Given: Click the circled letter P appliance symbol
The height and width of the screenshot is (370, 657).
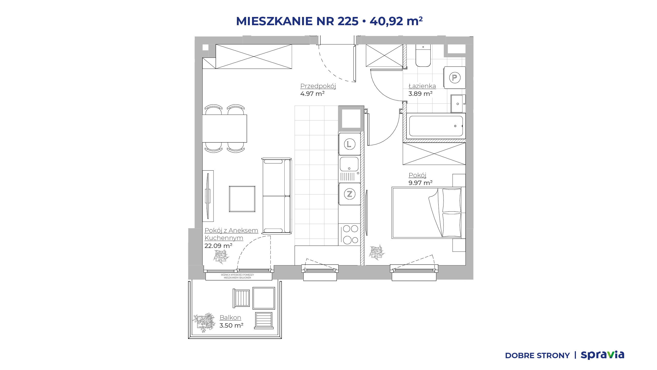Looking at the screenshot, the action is [455, 77].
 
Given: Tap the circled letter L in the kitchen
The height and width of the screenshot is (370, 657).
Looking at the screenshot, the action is [350, 144].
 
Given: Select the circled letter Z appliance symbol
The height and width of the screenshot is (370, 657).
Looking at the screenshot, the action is [350, 194].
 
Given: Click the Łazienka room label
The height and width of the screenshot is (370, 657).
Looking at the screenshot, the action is [422, 86].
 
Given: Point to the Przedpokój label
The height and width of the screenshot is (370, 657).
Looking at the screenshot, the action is [318, 86].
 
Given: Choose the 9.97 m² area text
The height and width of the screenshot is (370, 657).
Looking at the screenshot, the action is [420, 183].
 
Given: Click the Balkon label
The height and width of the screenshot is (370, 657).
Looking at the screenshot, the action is [230, 318].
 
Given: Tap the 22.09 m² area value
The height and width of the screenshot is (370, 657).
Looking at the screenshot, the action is [218, 246].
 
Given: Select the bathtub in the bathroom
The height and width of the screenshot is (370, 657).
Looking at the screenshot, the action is [436, 126].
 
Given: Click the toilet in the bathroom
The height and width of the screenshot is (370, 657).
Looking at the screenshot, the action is [423, 55].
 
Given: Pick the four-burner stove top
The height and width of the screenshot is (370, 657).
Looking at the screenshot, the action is [350, 234].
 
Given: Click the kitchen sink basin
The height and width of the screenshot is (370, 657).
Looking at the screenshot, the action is [349, 164].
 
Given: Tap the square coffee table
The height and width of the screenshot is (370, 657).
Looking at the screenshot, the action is [242, 199].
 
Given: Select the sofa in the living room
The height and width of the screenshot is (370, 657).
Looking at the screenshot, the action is [277, 196].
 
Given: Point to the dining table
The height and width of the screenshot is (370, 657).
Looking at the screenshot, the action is [225, 128].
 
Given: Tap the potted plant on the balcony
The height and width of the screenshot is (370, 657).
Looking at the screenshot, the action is [204, 322].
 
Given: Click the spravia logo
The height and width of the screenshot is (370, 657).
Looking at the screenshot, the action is [602, 355].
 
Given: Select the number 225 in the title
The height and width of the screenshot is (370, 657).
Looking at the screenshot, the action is [348, 21].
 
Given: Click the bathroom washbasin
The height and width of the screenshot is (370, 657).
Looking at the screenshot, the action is [458, 104].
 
